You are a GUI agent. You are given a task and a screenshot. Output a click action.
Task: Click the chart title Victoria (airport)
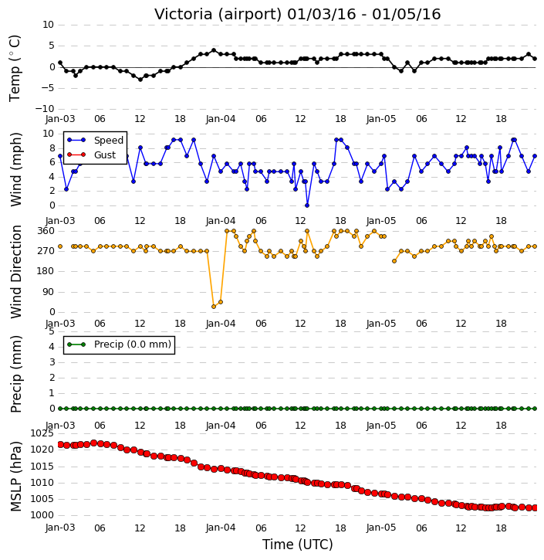click(x=218, y=15)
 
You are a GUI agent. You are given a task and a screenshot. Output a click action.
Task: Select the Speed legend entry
click(x=95, y=140)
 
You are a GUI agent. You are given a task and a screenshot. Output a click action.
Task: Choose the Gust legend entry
click(x=92, y=154)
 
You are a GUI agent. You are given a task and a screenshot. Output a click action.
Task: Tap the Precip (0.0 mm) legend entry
click(x=119, y=344)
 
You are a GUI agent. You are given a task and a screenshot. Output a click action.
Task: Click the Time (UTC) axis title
click(x=298, y=545)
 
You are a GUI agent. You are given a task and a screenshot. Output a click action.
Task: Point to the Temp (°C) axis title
click(x=15, y=68)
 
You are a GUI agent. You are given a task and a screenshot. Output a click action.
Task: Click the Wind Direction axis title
click(x=16, y=272)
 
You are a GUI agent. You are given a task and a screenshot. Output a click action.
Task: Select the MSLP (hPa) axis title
click(x=15, y=477)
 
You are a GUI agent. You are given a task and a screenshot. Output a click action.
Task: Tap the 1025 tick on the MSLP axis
click(x=42, y=433)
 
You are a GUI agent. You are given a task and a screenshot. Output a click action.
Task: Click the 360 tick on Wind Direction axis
click(x=46, y=231)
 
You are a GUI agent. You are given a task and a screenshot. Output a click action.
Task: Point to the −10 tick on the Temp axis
click(x=44, y=109)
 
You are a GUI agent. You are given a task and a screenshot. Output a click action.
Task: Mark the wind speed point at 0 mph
click(x=307, y=205)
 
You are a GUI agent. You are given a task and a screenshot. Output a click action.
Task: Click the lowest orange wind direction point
click(x=214, y=307)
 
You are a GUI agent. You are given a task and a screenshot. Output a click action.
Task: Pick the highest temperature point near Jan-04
click(x=214, y=50)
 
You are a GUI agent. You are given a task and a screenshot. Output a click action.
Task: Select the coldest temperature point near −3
click(x=140, y=80)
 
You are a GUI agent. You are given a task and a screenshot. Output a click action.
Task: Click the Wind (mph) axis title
click(x=16, y=170)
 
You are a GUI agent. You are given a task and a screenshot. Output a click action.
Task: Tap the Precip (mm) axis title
click(x=16, y=375)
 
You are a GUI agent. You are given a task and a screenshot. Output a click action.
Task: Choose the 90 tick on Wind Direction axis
click(x=49, y=292)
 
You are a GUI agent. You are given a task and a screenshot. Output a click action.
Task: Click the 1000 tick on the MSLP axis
click(x=42, y=515)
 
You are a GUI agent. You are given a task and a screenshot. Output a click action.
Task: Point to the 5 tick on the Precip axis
click(x=52, y=331)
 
